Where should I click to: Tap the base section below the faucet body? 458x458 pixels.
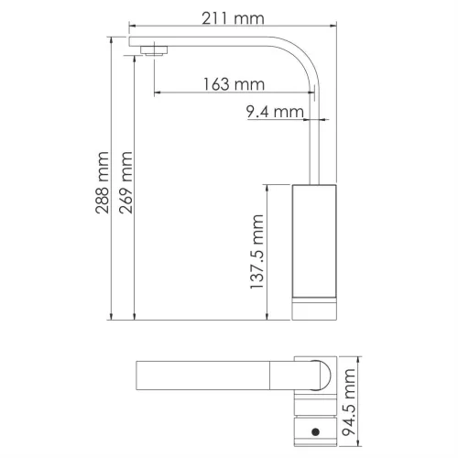314,309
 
